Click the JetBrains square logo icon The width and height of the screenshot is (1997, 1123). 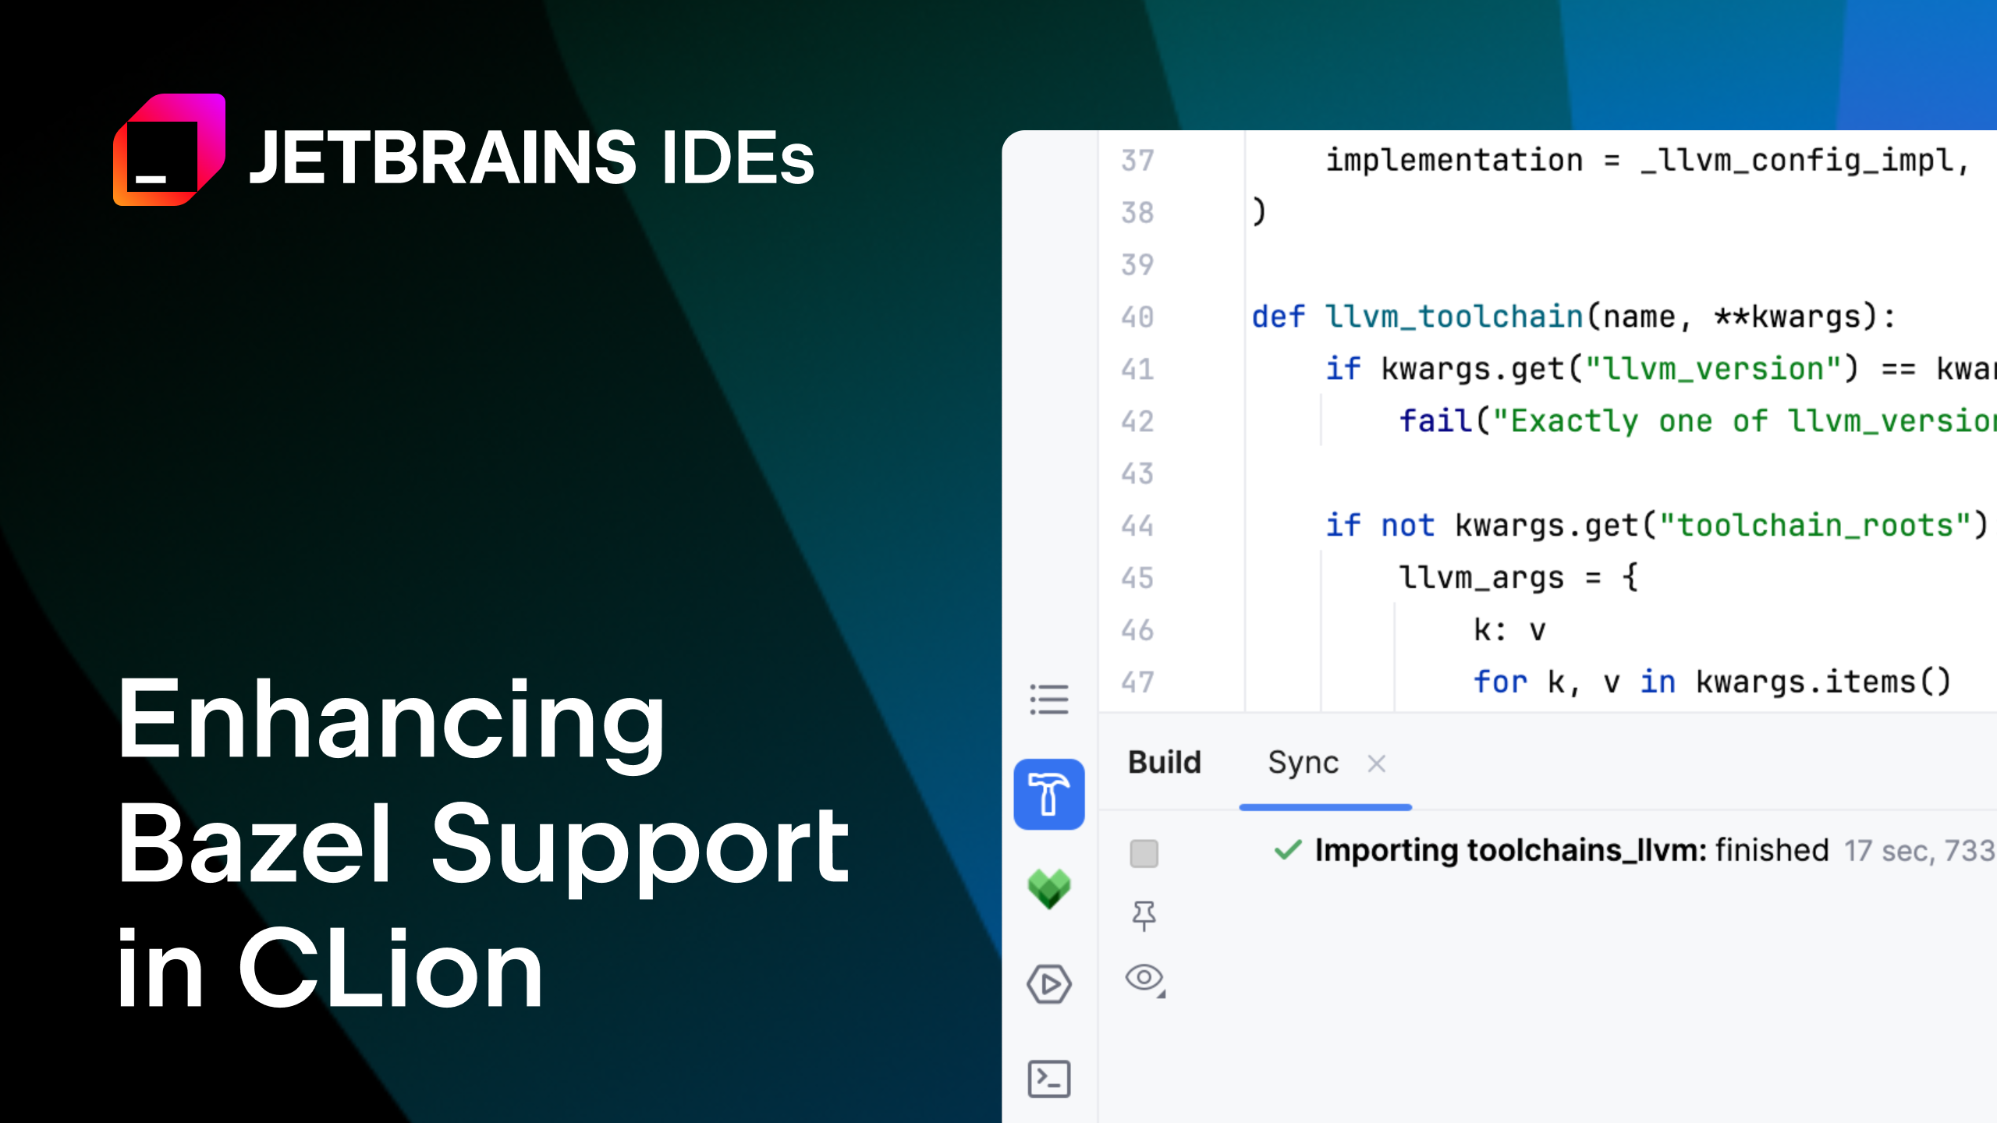coord(169,150)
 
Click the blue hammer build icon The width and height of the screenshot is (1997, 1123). coord(1048,794)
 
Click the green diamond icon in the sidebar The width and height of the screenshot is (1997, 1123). coord(1049,889)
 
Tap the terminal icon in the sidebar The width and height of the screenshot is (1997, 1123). coord(1049,1079)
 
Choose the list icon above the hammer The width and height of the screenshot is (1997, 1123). coord(1049,699)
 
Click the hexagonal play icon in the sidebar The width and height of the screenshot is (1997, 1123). coord(1049,984)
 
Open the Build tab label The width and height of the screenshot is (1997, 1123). coord(1164,763)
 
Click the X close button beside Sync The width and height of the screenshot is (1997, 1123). coord(1377,763)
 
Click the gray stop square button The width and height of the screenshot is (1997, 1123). coord(1144,853)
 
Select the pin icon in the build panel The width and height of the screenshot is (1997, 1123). coord(1144,916)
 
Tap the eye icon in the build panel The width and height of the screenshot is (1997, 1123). coord(1144,977)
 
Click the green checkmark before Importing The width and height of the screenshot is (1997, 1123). coord(1288,849)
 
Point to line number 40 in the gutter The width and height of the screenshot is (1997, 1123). coord(1137,317)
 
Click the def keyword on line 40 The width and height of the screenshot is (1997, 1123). coord(1278,317)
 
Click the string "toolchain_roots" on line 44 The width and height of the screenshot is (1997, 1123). coord(1814,526)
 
